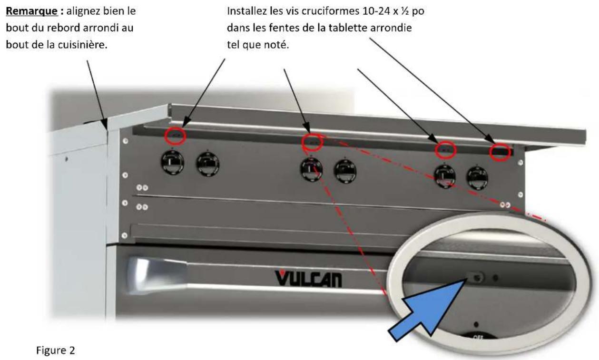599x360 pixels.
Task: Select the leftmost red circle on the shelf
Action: click(x=175, y=136)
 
